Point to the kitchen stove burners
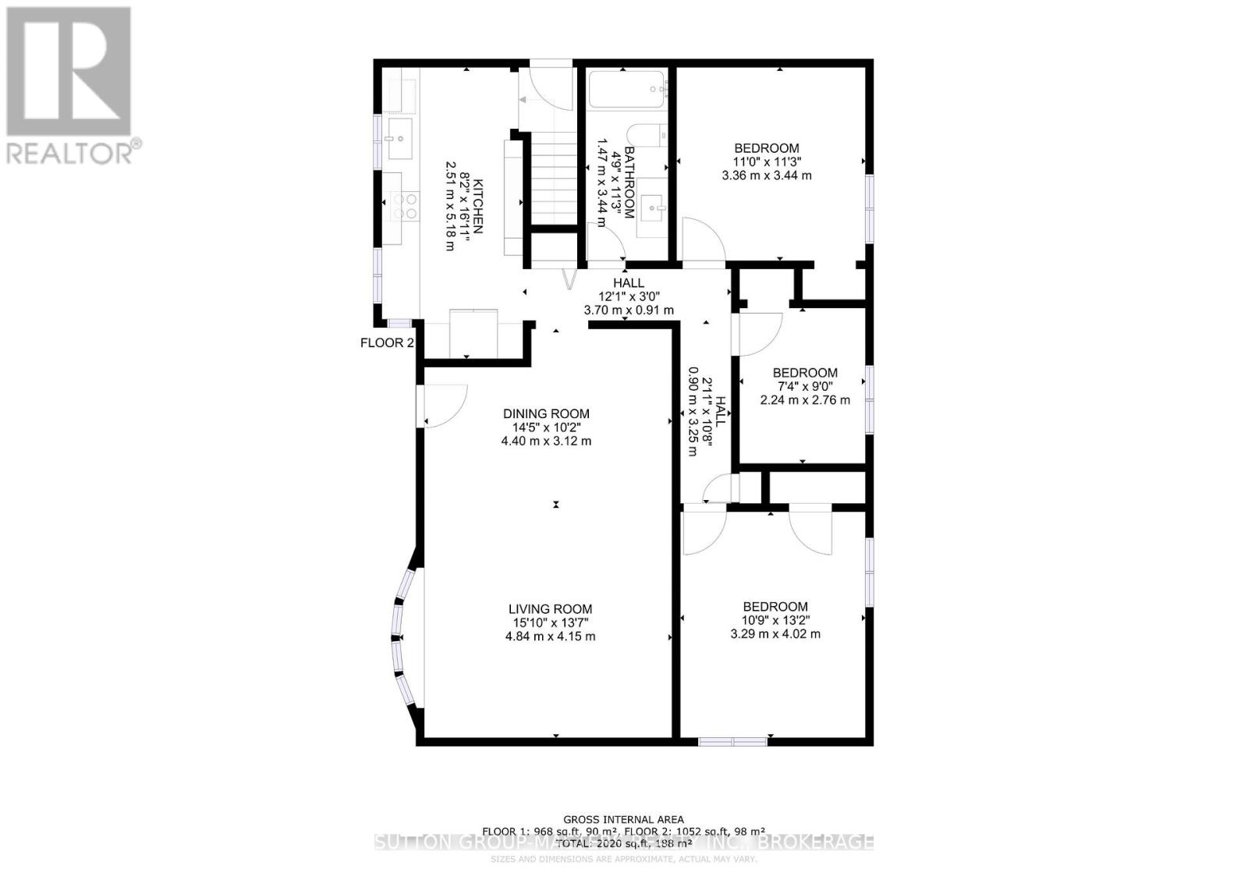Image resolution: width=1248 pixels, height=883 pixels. point(404,205)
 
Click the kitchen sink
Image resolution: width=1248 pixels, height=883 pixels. point(399,139)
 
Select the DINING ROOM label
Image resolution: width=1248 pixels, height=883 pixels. point(546,414)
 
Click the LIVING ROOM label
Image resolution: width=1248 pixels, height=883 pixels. point(551,609)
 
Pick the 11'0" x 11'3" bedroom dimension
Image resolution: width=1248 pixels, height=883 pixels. point(767,161)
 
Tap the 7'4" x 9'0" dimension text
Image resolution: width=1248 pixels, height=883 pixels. point(805,386)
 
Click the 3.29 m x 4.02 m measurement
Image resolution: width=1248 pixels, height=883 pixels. point(775,634)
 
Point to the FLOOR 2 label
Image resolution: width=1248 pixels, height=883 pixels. point(387,343)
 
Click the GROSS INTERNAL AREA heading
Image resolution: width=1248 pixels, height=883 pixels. point(624,819)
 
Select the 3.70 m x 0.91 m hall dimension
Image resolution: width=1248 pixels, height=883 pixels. point(629,310)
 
